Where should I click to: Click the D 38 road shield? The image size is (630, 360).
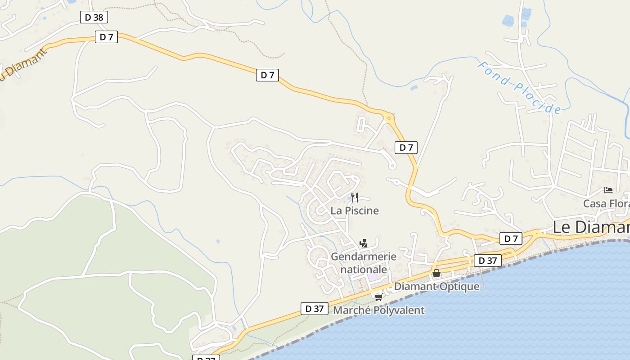[x=94, y=18]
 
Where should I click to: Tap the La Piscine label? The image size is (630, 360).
[x=355, y=211]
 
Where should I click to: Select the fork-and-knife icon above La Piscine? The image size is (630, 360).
[x=355, y=197]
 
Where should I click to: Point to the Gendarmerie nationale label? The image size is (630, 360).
[x=364, y=263]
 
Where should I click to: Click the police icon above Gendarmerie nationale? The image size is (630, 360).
[x=364, y=243]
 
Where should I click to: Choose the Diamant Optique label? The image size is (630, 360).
[x=436, y=287]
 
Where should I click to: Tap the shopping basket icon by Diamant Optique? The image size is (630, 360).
[x=436, y=273]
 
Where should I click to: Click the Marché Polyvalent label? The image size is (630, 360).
[x=378, y=310]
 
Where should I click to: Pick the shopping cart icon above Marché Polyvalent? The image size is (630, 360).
[x=378, y=297]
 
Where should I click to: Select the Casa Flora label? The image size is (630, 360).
[x=606, y=204]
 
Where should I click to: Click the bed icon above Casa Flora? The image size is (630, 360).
[x=608, y=190]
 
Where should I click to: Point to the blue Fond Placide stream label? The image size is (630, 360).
[x=519, y=88]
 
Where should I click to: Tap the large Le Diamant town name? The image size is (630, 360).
[x=590, y=227]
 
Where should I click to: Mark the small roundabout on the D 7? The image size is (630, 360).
[x=389, y=118]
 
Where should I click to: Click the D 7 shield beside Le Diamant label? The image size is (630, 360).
[x=511, y=238]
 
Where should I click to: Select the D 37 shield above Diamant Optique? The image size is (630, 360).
[x=487, y=261]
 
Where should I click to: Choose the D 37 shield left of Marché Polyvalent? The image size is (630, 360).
[x=314, y=309]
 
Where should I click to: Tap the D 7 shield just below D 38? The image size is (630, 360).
[x=106, y=37]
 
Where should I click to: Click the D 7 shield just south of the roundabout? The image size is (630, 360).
[x=406, y=147]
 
